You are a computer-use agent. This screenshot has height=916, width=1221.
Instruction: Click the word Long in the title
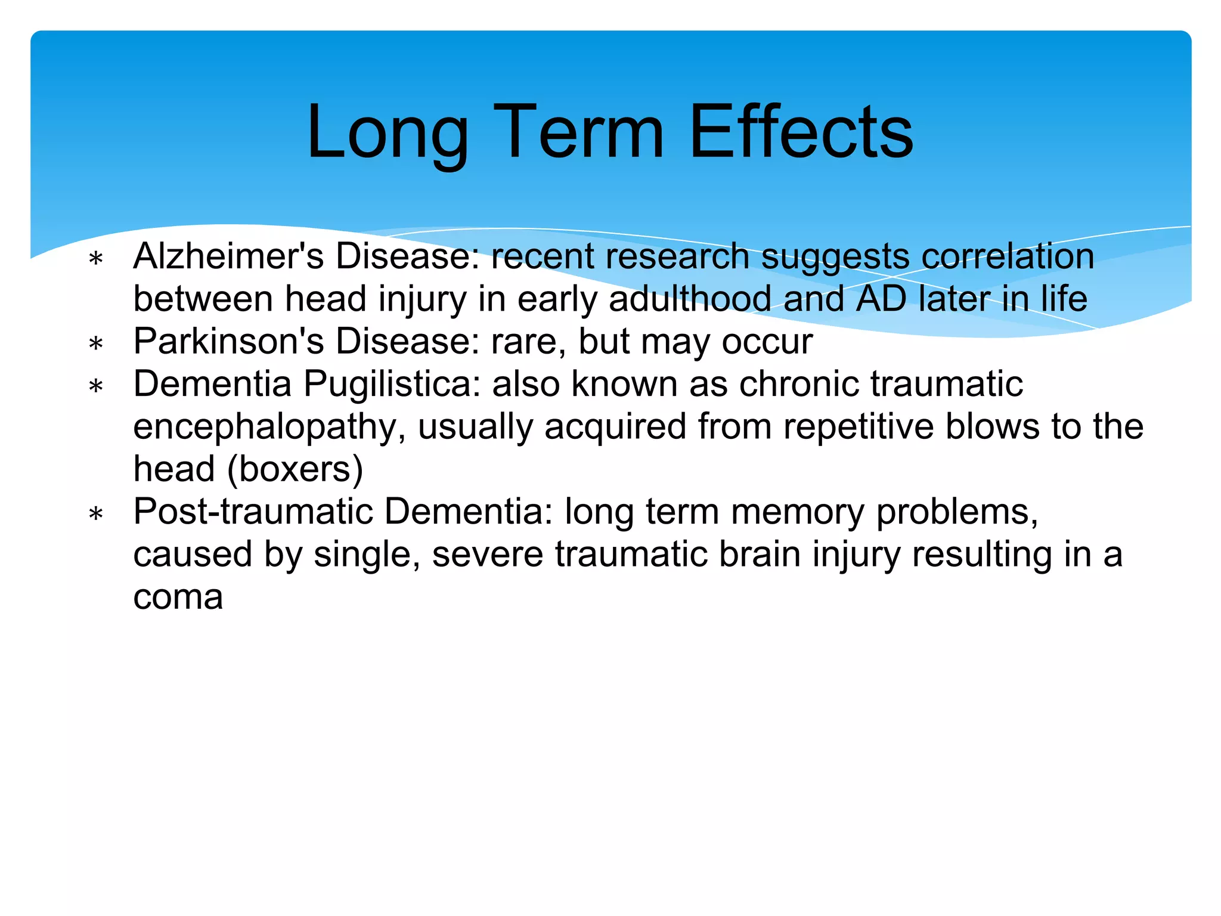coord(388,132)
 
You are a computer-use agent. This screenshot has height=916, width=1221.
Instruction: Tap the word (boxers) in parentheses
coord(295,470)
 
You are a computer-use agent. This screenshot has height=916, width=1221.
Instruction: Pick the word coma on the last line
coord(178,598)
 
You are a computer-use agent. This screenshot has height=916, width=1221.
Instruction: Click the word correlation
coord(1008,256)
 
